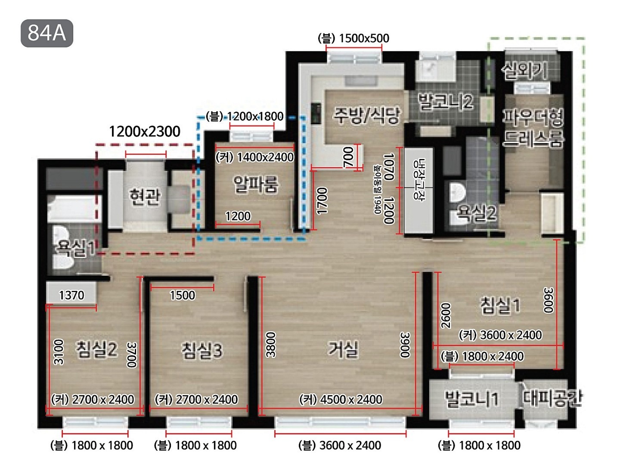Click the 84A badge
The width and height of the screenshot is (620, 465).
tap(47, 33)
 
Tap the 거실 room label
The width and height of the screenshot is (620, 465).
tap(343, 350)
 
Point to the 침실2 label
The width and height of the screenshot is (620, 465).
tap(96, 350)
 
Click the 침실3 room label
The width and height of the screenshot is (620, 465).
tap(201, 350)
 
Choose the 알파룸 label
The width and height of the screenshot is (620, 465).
tap(256, 184)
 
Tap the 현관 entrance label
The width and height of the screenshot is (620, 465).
tap(145, 197)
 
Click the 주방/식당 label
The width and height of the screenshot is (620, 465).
tap(367, 115)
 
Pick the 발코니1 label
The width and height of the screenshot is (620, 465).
tap(471, 399)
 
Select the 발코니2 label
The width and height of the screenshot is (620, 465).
tap(446, 102)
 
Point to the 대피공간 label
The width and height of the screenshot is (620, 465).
tap(552, 398)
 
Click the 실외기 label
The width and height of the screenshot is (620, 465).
tap(524, 70)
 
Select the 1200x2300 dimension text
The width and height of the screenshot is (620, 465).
tap(145, 131)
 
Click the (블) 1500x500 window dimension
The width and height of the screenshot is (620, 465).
tap(353, 38)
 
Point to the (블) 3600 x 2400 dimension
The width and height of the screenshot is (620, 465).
tap(340, 446)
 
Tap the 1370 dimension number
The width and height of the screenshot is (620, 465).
tap(71, 295)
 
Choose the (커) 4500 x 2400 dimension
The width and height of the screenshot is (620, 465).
tap(341, 399)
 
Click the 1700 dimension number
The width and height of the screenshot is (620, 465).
tap(322, 201)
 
